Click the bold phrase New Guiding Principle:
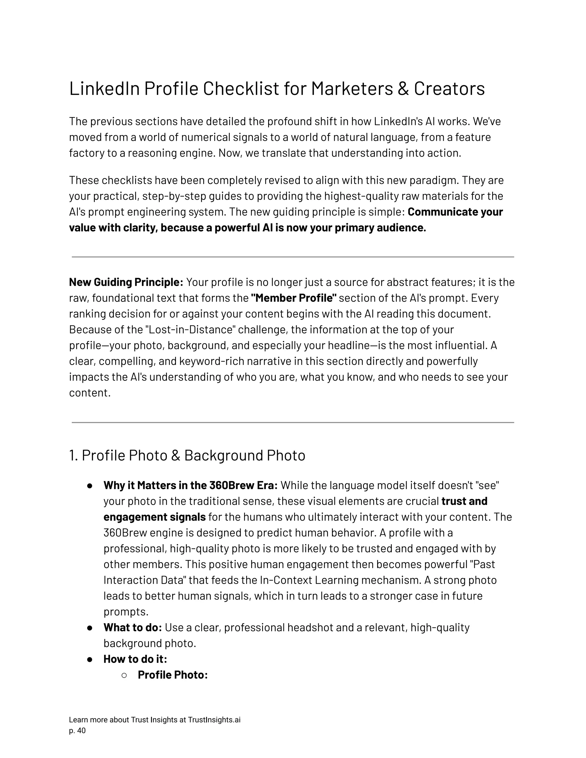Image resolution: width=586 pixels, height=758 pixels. tap(126, 282)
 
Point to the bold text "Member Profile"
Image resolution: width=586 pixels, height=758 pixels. tap(294, 298)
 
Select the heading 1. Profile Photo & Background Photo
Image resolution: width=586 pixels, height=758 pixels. tap(187, 455)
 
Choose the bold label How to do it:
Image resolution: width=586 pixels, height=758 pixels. tap(135, 659)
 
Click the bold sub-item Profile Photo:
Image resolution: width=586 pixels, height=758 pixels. tap(173, 675)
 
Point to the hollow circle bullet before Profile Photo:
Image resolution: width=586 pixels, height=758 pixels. tap(124, 675)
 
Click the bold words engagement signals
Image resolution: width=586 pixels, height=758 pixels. tap(155, 517)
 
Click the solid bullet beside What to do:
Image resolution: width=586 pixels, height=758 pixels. tap(90, 628)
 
